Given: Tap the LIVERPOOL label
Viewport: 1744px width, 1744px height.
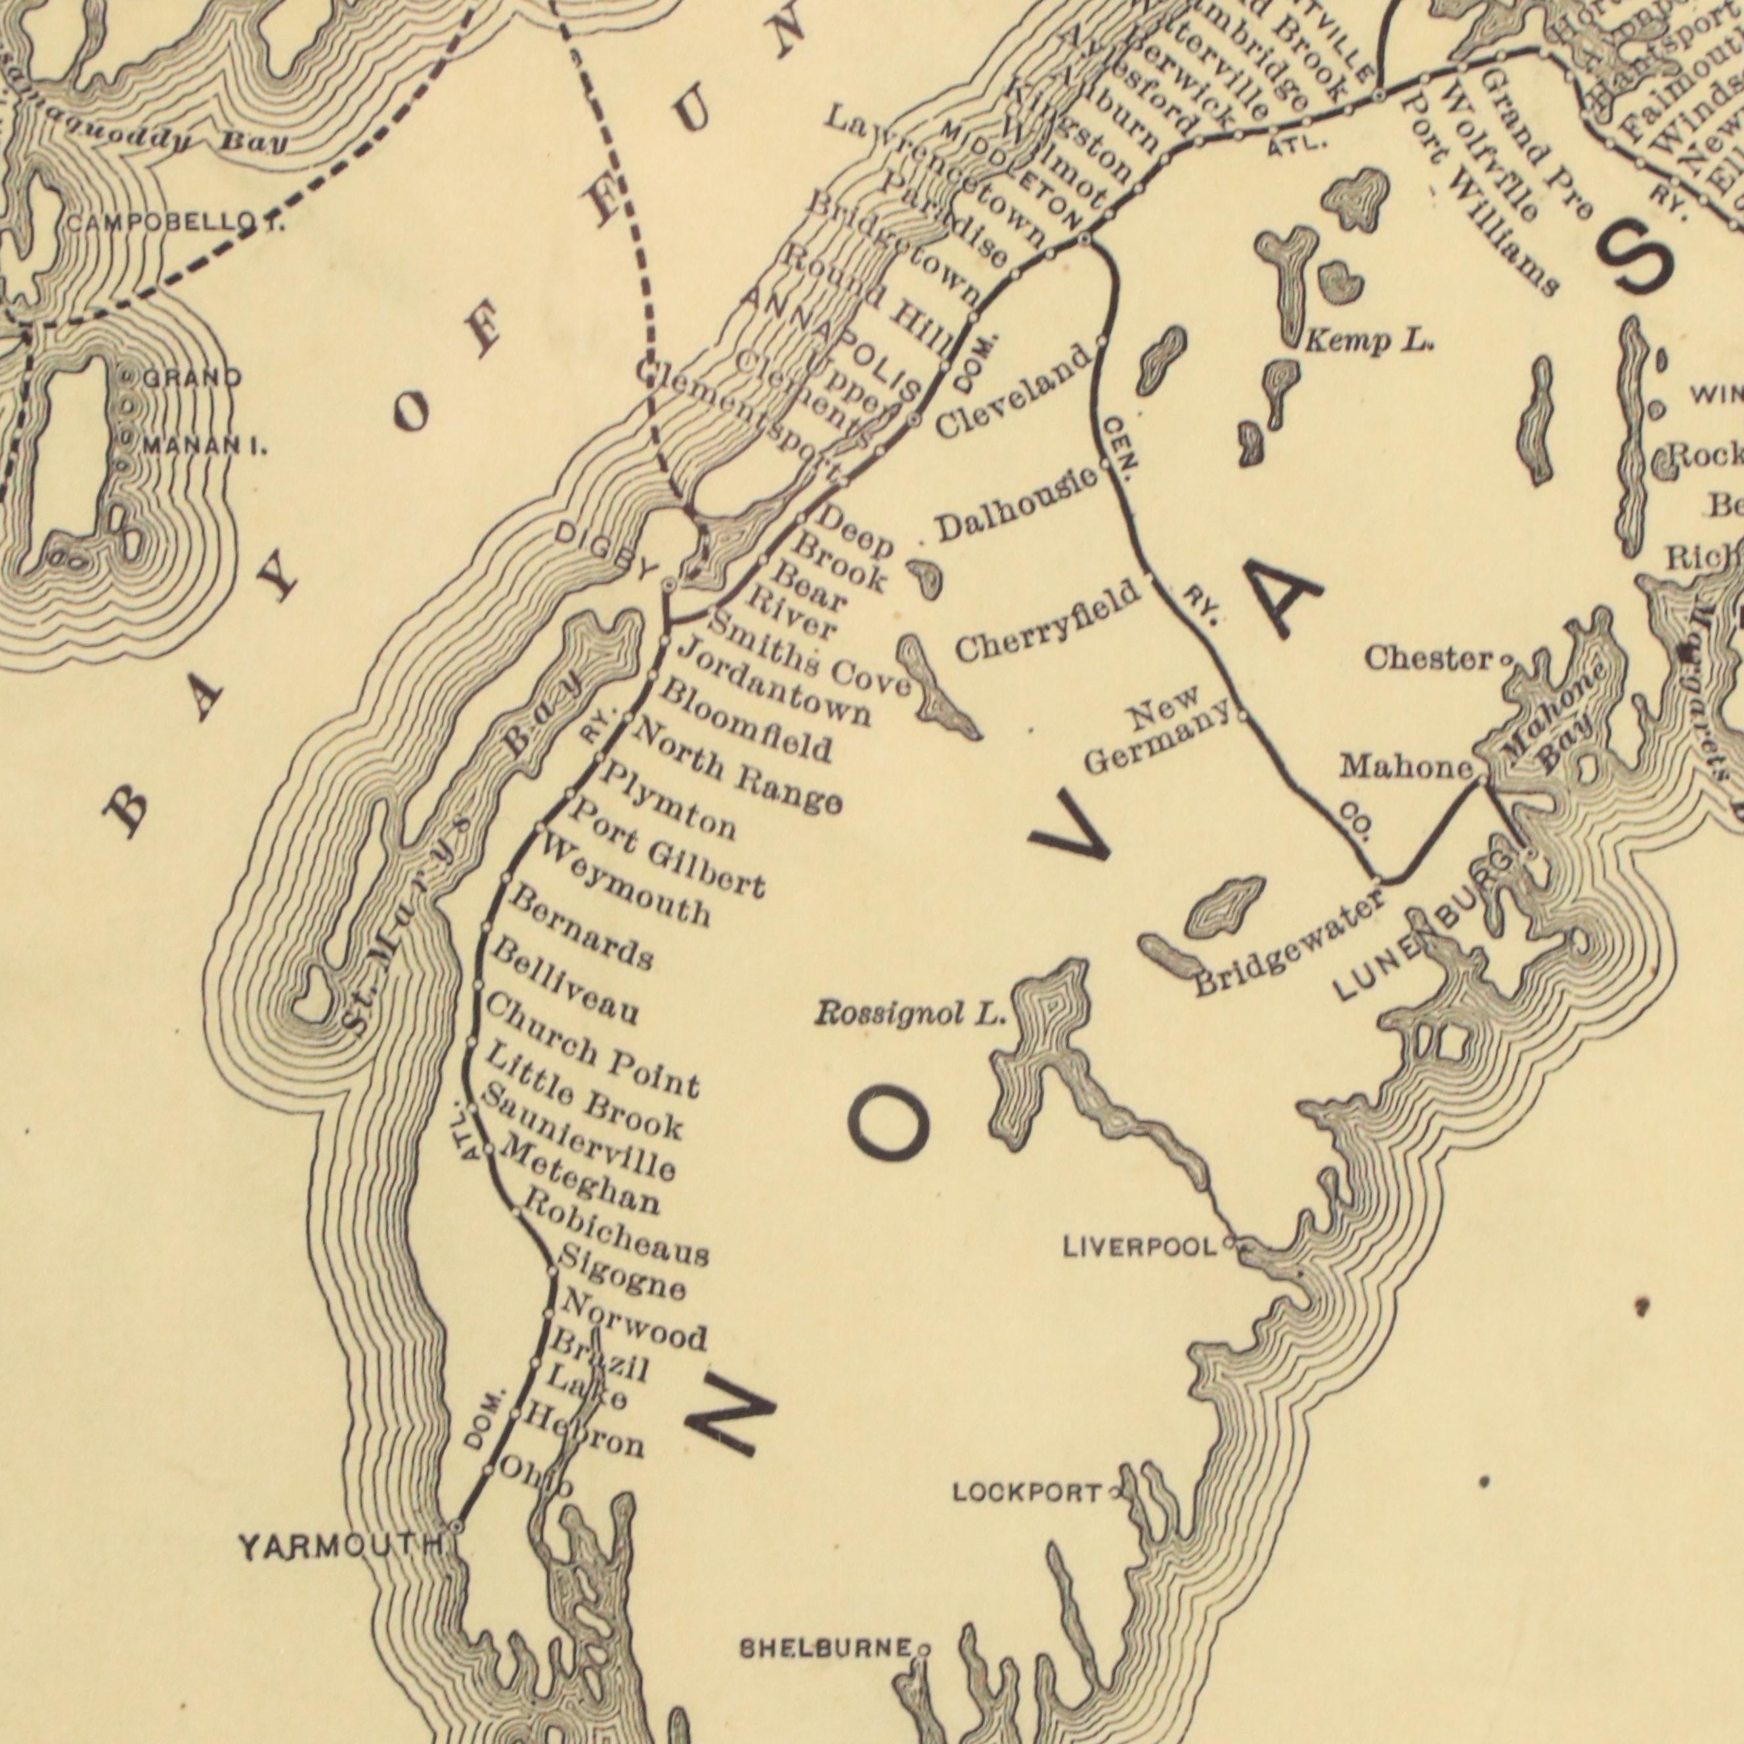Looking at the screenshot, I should pyautogui.click(x=1140, y=1248).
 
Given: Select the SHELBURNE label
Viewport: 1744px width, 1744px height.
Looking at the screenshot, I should pyautogui.click(x=825, y=1648).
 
